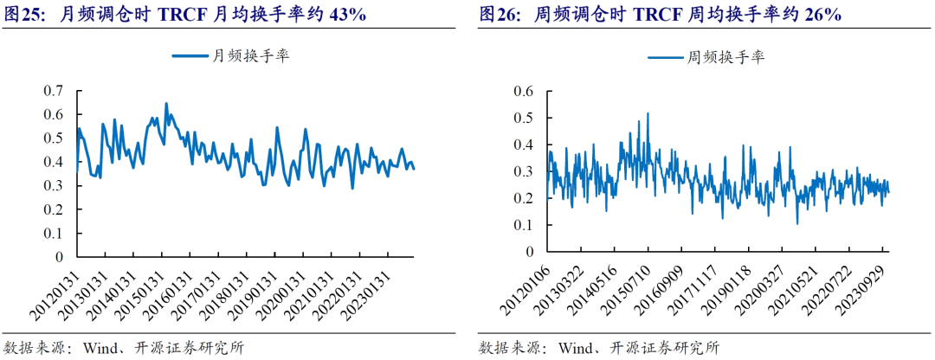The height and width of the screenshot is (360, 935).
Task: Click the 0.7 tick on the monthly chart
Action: (54, 91)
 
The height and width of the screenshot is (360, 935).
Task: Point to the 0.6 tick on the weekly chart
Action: (523, 91)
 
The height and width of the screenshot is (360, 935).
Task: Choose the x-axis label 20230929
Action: (866, 291)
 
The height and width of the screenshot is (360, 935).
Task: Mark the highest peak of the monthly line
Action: (166, 104)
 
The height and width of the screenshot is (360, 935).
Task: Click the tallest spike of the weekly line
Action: (648, 113)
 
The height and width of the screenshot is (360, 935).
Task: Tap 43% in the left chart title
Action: (342, 15)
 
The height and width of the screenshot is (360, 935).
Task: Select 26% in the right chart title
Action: (823, 15)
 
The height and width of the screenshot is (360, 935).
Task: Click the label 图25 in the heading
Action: (23, 15)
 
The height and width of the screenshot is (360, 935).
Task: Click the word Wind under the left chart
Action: (99, 348)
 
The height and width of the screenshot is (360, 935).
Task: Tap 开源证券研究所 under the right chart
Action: (667, 348)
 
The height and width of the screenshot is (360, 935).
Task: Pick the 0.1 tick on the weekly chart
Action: (523, 225)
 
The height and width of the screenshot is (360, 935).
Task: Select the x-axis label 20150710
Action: (628, 291)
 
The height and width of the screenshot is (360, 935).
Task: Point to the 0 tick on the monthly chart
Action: (60, 257)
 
